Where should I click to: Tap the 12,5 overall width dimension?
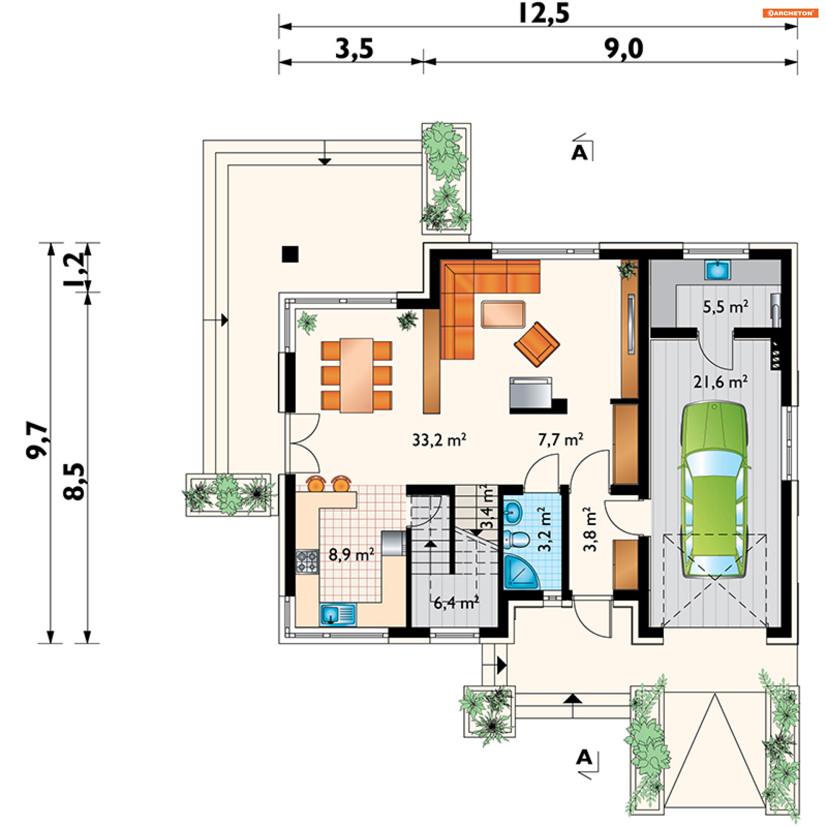pos(544,13)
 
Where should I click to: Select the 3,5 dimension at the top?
pos(354,49)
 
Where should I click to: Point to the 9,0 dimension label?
pos(624,49)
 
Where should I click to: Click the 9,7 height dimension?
pos(37,440)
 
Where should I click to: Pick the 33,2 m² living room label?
pos(439,440)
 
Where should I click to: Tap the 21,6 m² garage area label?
pos(720,382)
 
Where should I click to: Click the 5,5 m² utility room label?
pos(725,307)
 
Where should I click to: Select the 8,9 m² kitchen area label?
pos(351,554)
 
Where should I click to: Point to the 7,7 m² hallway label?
pos(560,440)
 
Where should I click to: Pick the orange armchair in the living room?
pos(537,345)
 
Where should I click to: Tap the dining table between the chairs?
pos(356,376)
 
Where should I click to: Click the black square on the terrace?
pos(290,254)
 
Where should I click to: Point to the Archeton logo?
pos(790,13)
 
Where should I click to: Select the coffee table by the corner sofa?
pos(503,314)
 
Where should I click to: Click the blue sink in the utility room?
pos(717,270)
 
